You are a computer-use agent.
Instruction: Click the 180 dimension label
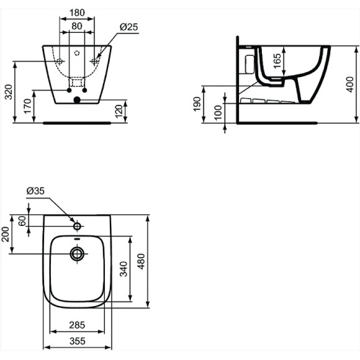(77, 12)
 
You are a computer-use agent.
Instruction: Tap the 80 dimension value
(77, 26)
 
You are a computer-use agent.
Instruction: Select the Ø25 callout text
(129, 27)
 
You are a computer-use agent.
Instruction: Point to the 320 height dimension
(9, 92)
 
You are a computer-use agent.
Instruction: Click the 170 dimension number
(27, 106)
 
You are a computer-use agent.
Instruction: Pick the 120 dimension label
(119, 111)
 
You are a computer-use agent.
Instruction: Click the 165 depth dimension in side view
(277, 61)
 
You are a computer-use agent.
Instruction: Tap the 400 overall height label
(350, 84)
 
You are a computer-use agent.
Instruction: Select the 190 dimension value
(197, 104)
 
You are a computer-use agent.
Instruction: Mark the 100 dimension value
(218, 112)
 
